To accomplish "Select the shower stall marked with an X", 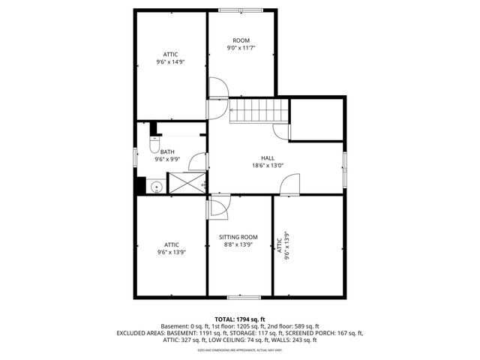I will (x=186, y=183).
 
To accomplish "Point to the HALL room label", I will (x=267, y=157).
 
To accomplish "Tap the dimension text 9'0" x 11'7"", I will (x=241, y=48).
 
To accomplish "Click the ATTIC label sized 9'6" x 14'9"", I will (x=171, y=54).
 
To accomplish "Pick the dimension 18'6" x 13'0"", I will (x=267, y=166).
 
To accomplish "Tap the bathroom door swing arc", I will (x=198, y=160).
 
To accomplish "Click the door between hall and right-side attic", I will (x=290, y=184).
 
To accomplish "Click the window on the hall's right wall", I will (x=344, y=169).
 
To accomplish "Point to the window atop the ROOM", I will (x=241, y=10).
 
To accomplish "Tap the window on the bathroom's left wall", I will (x=135, y=157).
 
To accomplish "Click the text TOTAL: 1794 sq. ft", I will (x=240, y=319).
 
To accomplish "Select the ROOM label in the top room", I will (x=241, y=40).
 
